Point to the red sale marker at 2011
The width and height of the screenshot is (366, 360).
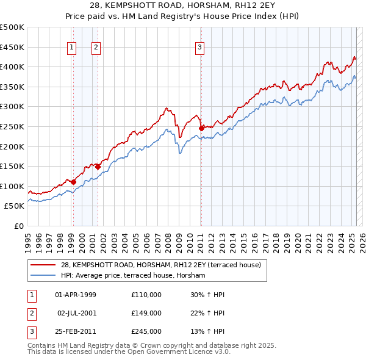(201, 128)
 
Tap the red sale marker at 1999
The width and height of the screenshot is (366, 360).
(73, 182)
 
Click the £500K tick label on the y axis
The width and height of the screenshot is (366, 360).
(12, 27)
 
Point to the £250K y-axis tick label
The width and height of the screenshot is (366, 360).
(12, 126)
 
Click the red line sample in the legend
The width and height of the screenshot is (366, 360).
(43, 265)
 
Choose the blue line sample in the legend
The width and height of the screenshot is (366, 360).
(43, 275)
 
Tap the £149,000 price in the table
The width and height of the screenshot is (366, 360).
(146, 313)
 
